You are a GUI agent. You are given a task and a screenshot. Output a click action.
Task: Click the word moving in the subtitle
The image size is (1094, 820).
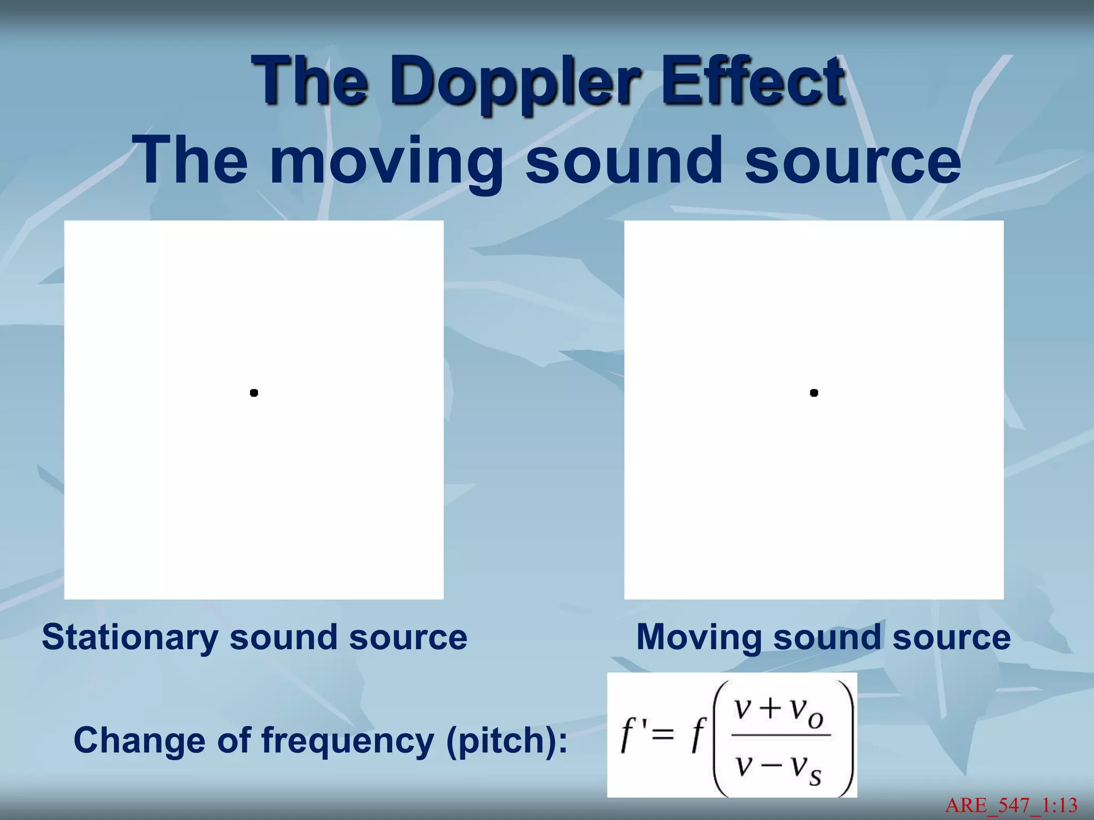click(386, 160)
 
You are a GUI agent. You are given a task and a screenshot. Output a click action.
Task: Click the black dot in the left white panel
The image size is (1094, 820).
click(254, 393)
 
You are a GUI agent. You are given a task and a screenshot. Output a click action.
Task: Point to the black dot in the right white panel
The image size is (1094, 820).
click(814, 393)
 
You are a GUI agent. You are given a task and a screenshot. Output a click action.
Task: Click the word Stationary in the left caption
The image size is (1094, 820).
click(130, 637)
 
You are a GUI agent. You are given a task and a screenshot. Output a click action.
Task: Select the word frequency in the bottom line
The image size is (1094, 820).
click(347, 740)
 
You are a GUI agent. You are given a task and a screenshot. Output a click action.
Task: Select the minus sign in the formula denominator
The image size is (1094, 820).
click(770, 766)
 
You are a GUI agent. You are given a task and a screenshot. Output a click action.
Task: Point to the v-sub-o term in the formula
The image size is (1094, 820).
click(807, 712)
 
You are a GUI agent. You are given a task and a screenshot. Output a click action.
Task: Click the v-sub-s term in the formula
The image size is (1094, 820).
click(807, 769)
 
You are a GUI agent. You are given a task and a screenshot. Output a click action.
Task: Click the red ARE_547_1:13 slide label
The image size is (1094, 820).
click(1011, 805)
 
